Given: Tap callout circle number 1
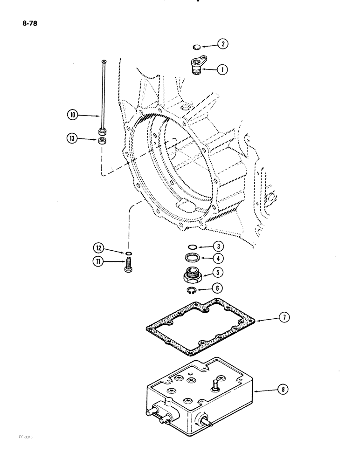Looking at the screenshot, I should [x=222, y=70].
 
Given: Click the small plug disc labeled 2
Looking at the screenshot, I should [x=196, y=47].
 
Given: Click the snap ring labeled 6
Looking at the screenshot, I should [x=191, y=291].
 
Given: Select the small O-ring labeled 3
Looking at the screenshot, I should [x=191, y=247].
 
